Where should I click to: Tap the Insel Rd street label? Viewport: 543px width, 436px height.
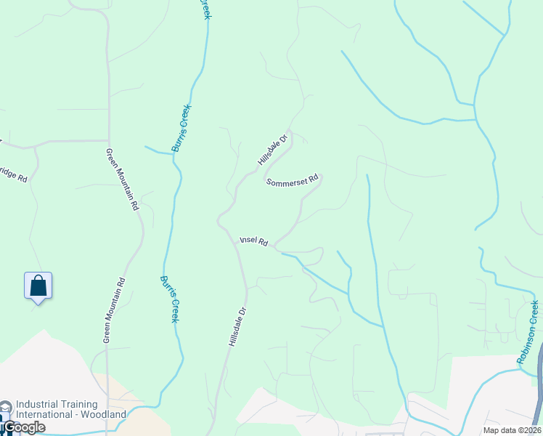coord(254,241)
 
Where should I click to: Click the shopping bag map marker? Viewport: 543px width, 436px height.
coord(38,286)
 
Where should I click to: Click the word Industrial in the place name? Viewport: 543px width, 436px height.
coord(39,405)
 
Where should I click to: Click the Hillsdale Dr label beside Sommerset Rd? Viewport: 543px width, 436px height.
coord(273,148)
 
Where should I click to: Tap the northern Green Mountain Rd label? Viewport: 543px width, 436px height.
coord(122,179)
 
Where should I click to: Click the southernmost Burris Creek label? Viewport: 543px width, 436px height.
coord(170,299)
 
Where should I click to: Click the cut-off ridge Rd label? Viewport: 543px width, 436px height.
coord(14,176)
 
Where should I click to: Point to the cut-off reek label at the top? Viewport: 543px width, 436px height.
coord(205,9)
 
